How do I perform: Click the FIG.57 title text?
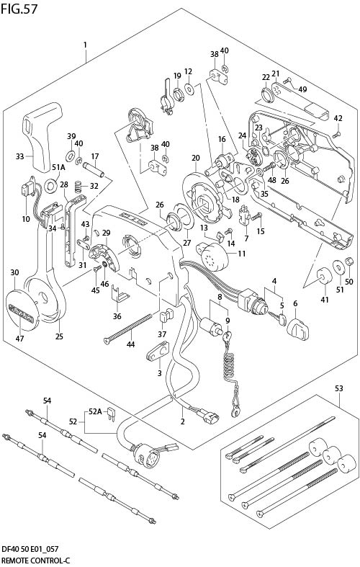(x=19, y=8)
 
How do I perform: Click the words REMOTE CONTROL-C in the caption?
(x=35, y=559)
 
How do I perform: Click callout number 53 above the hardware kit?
(x=340, y=390)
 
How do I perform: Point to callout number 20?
(x=195, y=158)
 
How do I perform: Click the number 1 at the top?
(x=85, y=45)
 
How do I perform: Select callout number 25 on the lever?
(x=59, y=336)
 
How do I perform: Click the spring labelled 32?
(x=81, y=187)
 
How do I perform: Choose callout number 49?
(x=302, y=89)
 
